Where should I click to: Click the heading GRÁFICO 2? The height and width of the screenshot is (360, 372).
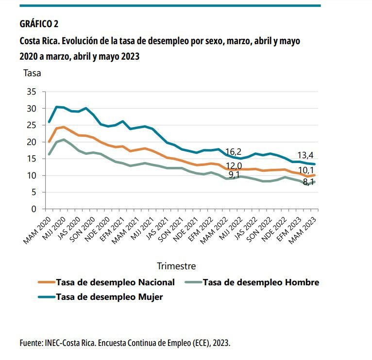pos(39,24)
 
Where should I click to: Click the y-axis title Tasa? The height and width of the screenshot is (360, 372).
pos(32,73)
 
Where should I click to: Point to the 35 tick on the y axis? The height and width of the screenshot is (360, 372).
pos(32,92)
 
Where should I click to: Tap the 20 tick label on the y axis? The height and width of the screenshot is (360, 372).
pos(32,142)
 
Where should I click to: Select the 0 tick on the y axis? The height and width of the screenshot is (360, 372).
pos(34,209)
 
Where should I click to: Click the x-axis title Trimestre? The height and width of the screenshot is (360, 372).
pos(176,266)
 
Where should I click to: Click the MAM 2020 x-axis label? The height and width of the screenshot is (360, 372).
pos(37,230)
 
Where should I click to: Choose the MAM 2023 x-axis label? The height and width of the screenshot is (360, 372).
pos(303,230)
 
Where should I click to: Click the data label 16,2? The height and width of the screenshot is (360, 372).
pos(233,151)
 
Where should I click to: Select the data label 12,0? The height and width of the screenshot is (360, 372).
pos(234,165)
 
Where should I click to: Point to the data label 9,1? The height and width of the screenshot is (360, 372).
pos(234,175)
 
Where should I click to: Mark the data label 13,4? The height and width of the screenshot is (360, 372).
pos(305,155)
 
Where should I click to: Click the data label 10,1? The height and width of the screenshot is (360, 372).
pos(306,170)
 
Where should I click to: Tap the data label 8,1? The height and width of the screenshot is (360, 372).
pos(308,182)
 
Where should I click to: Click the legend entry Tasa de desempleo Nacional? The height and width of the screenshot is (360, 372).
pos(106,282)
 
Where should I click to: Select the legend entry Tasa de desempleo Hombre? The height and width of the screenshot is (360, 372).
pos(252,282)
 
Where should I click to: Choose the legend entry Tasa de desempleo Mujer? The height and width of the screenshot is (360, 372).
pos(101,297)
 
